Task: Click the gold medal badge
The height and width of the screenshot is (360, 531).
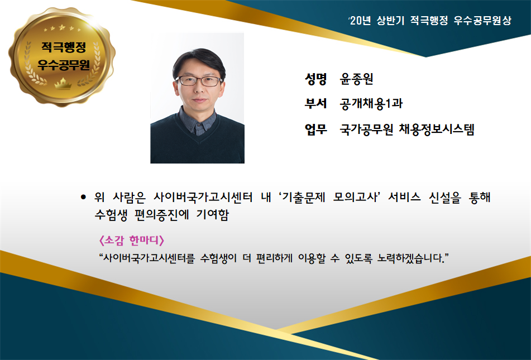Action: click(62, 56)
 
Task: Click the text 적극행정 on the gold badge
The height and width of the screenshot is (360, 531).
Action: click(63, 47)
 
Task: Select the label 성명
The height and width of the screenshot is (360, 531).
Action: click(315, 79)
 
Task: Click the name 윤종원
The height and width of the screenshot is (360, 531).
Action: click(356, 79)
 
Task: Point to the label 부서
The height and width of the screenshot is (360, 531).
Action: click(315, 103)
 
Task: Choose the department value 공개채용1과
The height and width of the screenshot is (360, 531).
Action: click(371, 104)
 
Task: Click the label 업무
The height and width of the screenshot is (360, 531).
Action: click(315, 129)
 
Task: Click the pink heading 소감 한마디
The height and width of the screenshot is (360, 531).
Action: click(132, 241)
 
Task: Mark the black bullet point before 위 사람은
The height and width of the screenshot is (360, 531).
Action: click(83, 197)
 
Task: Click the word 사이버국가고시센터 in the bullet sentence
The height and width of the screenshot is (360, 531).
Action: click(203, 197)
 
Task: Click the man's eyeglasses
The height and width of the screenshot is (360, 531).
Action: click(199, 81)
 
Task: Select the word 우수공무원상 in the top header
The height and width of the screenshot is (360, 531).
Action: click(482, 21)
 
